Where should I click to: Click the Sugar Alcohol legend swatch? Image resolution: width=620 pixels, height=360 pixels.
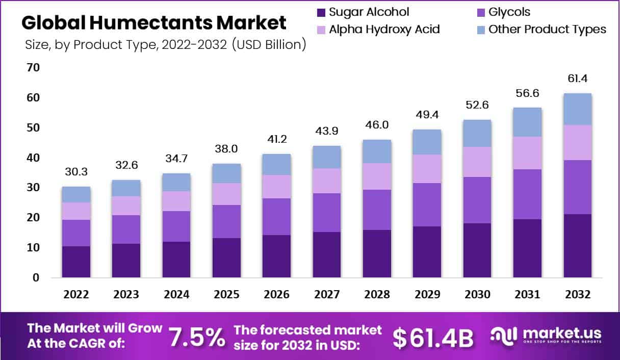[321, 12]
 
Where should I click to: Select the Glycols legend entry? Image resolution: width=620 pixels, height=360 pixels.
[510, 12]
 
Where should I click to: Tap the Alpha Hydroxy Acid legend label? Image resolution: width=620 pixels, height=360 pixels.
[384, 29]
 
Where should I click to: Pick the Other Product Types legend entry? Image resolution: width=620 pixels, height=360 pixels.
[547, 29]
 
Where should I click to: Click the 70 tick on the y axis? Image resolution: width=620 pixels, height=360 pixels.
[34, 67]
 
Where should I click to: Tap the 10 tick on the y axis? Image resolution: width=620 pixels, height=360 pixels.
[34, 248]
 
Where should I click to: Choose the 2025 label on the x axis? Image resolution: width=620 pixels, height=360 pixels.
[226, 295]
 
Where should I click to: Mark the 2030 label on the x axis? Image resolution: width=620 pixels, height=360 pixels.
[477, 295]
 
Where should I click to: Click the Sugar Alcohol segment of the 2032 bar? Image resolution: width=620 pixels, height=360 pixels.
[577, 246]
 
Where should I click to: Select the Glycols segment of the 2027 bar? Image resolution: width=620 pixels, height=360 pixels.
[327, 213]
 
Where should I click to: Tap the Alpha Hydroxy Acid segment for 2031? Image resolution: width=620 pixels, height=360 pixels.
[527, 153]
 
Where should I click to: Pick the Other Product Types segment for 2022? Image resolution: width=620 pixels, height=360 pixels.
[76, 194]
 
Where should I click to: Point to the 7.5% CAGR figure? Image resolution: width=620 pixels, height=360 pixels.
[196, 337]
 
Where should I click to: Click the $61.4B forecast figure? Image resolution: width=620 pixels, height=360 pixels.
[433, 338]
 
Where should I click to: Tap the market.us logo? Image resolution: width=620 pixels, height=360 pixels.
[546, 336]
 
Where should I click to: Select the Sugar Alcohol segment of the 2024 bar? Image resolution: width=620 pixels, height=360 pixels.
[176, 260]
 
